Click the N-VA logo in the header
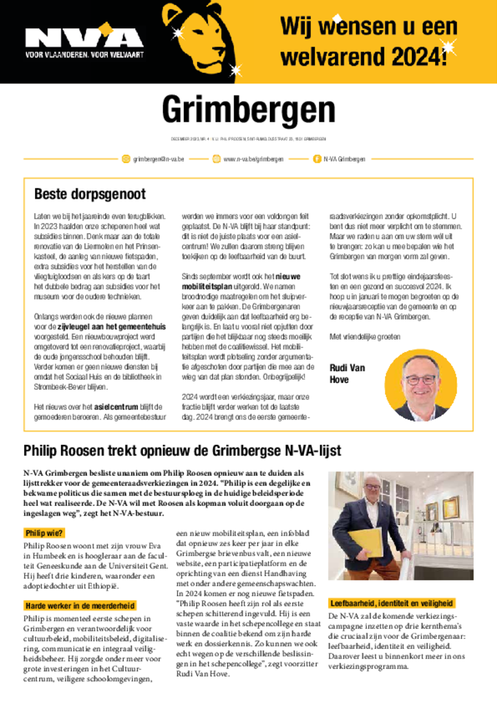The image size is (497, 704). pyautogui.click(x=84, y=38)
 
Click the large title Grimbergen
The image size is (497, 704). pyautogui.click(x=248, y=110)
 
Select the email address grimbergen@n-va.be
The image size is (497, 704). pyautogui.click(x=159, y=159)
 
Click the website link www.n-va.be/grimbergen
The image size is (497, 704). pyautogui.click(x=253, y=159)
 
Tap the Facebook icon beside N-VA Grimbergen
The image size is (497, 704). pyautogui.click(x=316, y=159)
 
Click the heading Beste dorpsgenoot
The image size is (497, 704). pyautogui.click(x=90, y=194)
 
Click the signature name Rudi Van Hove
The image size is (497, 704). pyautogui.click(x=347, y=373)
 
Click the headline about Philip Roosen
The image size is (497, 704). pyautogui.click(x=183, y=451)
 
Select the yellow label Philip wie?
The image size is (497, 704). pyautogui.click(x=44, y=533)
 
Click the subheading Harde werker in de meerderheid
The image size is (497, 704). pyautogui.click(x=79, y=606)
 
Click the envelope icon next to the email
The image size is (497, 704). pyautogui.click(x=126, y=159)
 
